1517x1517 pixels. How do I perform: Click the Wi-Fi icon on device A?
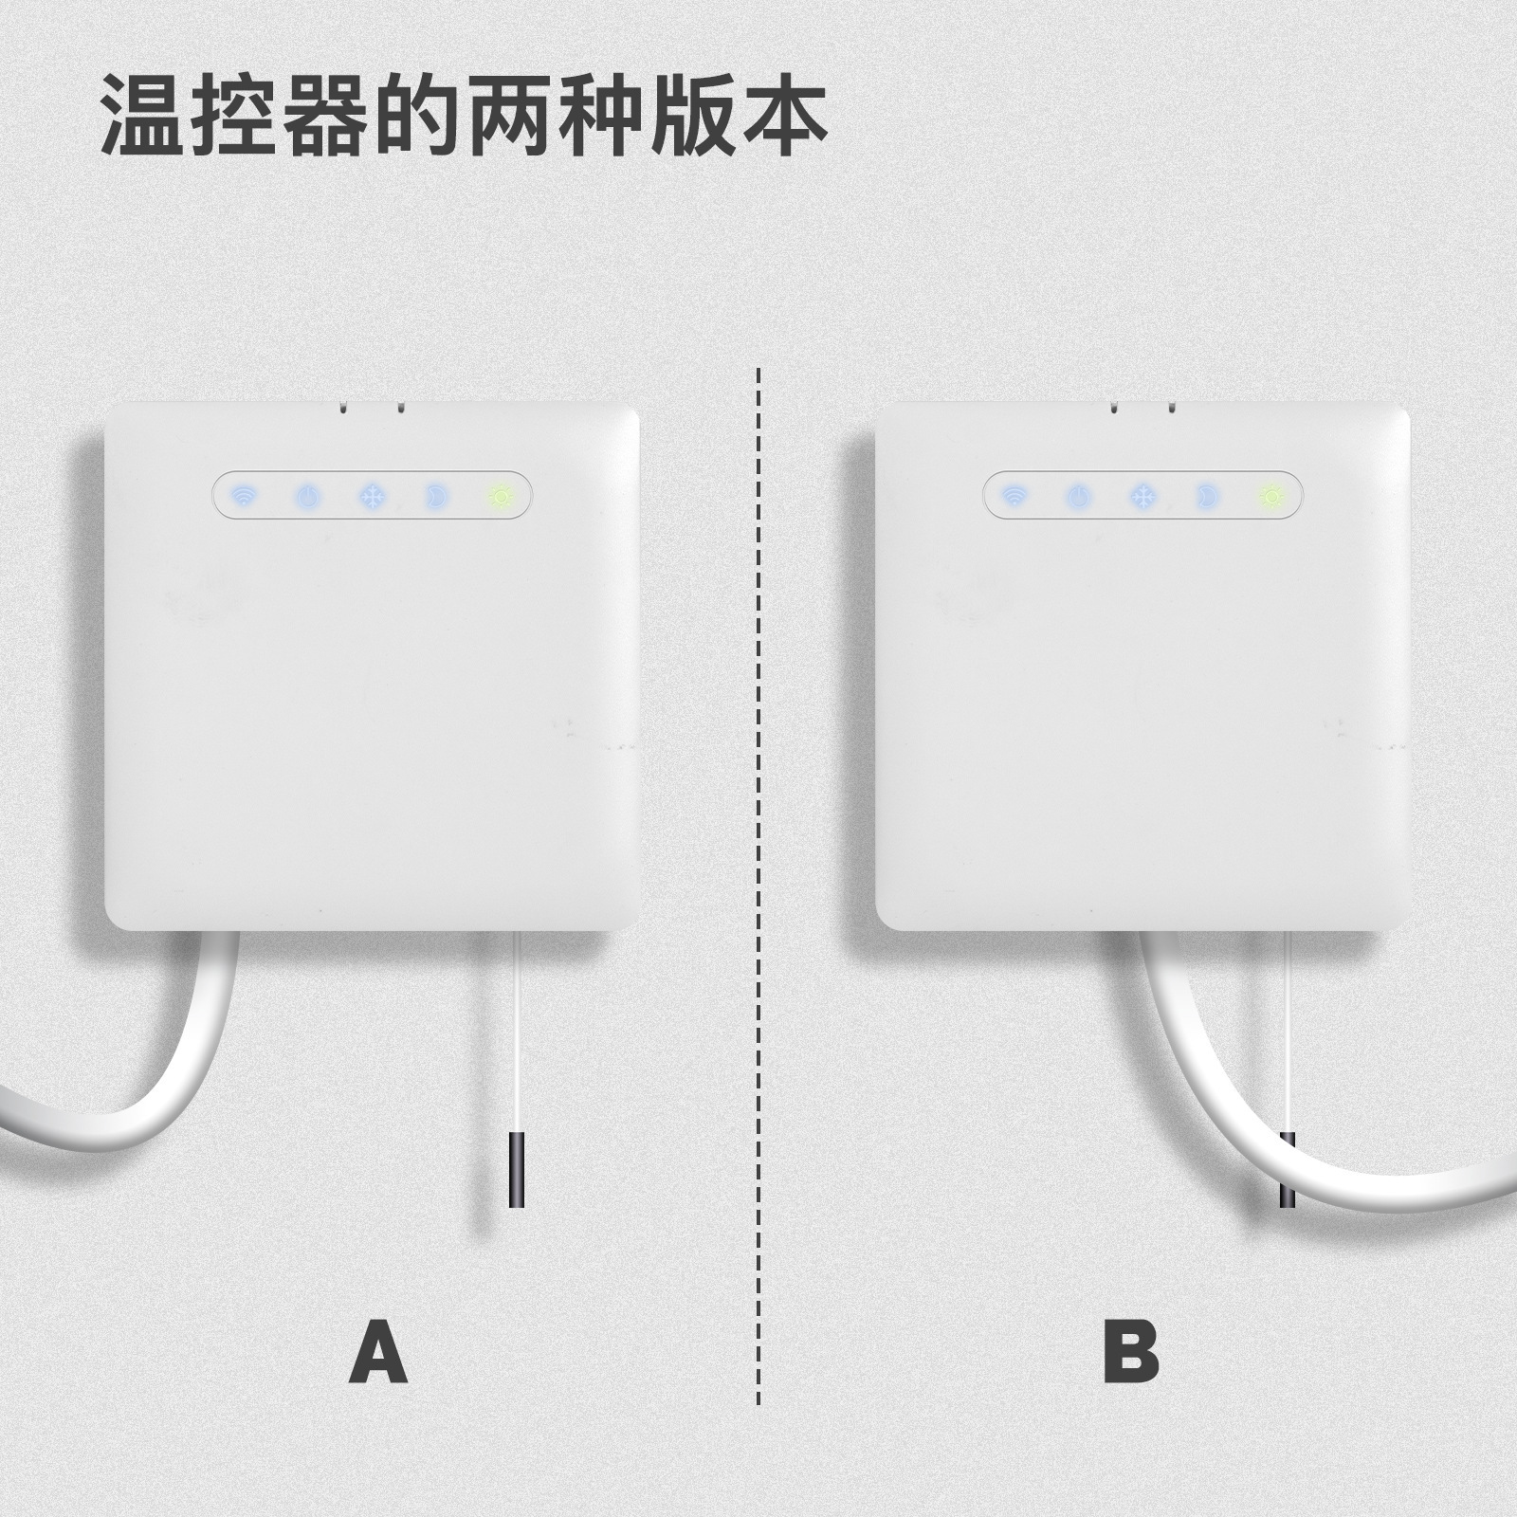click(x=245, y=495)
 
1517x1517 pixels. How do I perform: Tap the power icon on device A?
click(x=308, y=495)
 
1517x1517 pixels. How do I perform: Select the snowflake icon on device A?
click(x=372, y=495)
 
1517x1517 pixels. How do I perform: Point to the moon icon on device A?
click(x=435, y=495)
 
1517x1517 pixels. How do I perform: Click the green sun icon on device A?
click(x=500, y=495)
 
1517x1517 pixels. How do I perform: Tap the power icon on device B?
click(x=1079, y=495)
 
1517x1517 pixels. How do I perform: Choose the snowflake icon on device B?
click(x=1143, y=495)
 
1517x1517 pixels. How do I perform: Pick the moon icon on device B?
click(x=1207, y=495)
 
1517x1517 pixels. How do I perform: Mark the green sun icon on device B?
click(x=1270, y=495)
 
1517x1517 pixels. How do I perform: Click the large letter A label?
click(x=377, y=1353)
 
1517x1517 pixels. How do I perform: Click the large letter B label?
click(x=1130, y=1353)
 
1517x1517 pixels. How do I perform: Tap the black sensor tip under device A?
click(x=517, y=1168)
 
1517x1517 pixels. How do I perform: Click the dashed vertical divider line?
click(x=758, y=853)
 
